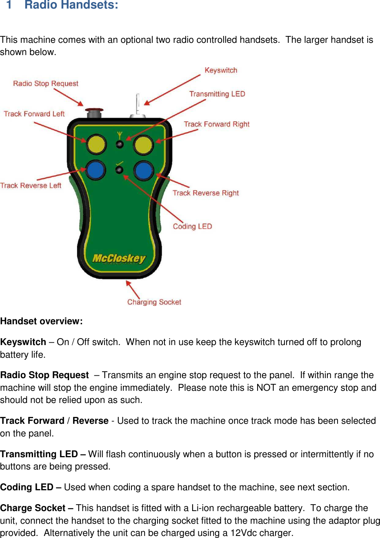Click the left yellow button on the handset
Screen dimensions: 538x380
tap(96, 145)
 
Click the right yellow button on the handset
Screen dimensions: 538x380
tap(143, 146)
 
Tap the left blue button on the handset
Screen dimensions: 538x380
tap(96, 170)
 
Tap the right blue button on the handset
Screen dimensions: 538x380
tap(143, 171)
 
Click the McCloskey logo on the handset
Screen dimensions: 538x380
tap(119, 259)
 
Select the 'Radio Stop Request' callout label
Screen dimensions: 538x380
tap(46, 84)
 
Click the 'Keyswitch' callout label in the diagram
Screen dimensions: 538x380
tap(221, 70)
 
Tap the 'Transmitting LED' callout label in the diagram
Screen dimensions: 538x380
tap(217, 94)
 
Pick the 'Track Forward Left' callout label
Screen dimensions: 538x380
tap(34, 114)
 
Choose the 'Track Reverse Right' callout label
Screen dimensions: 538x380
tap(206, 193)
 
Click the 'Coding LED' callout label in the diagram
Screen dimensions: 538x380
tap(192, 226)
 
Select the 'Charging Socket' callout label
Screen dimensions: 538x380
tap(154, 302)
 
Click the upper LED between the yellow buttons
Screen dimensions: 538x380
tap(120, 144)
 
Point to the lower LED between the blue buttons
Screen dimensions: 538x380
tap(119, 170)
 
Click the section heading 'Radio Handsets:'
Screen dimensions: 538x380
tap(71, 5)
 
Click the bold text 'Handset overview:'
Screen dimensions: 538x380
tap(42, 321)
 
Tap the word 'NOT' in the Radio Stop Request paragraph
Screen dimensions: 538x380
tap(266, 387)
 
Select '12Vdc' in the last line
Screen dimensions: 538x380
tap(244, 533)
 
